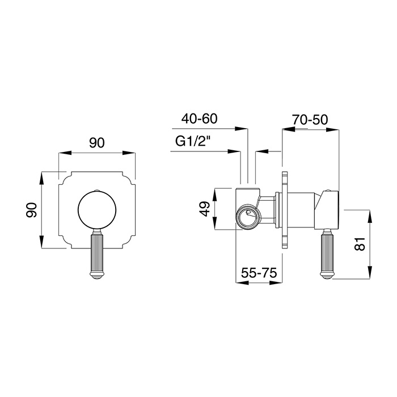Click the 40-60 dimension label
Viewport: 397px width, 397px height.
[199, 119]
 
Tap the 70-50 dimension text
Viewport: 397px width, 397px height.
[310, 120]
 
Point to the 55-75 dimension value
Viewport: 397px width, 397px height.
[259, 273]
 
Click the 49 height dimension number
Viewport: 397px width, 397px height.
[205, 209]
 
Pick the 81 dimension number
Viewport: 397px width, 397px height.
[360, 244]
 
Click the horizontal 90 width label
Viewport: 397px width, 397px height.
[97, 143]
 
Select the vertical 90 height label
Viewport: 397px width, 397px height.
[32, 210]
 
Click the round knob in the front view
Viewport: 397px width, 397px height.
[97, 210]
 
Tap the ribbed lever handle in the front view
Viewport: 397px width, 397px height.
[97, 253]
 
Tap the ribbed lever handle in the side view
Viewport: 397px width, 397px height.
[326, 254]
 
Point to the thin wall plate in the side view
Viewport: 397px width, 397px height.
[285, 210]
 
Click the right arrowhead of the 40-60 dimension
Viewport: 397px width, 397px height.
[241, 129]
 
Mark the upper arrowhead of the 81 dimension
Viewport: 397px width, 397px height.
[370, 216]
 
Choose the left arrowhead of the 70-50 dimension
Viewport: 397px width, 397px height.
[289, 129]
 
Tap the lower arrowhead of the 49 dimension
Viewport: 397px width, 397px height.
[215, 223]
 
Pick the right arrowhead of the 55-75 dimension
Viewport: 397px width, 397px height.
[276, 282]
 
